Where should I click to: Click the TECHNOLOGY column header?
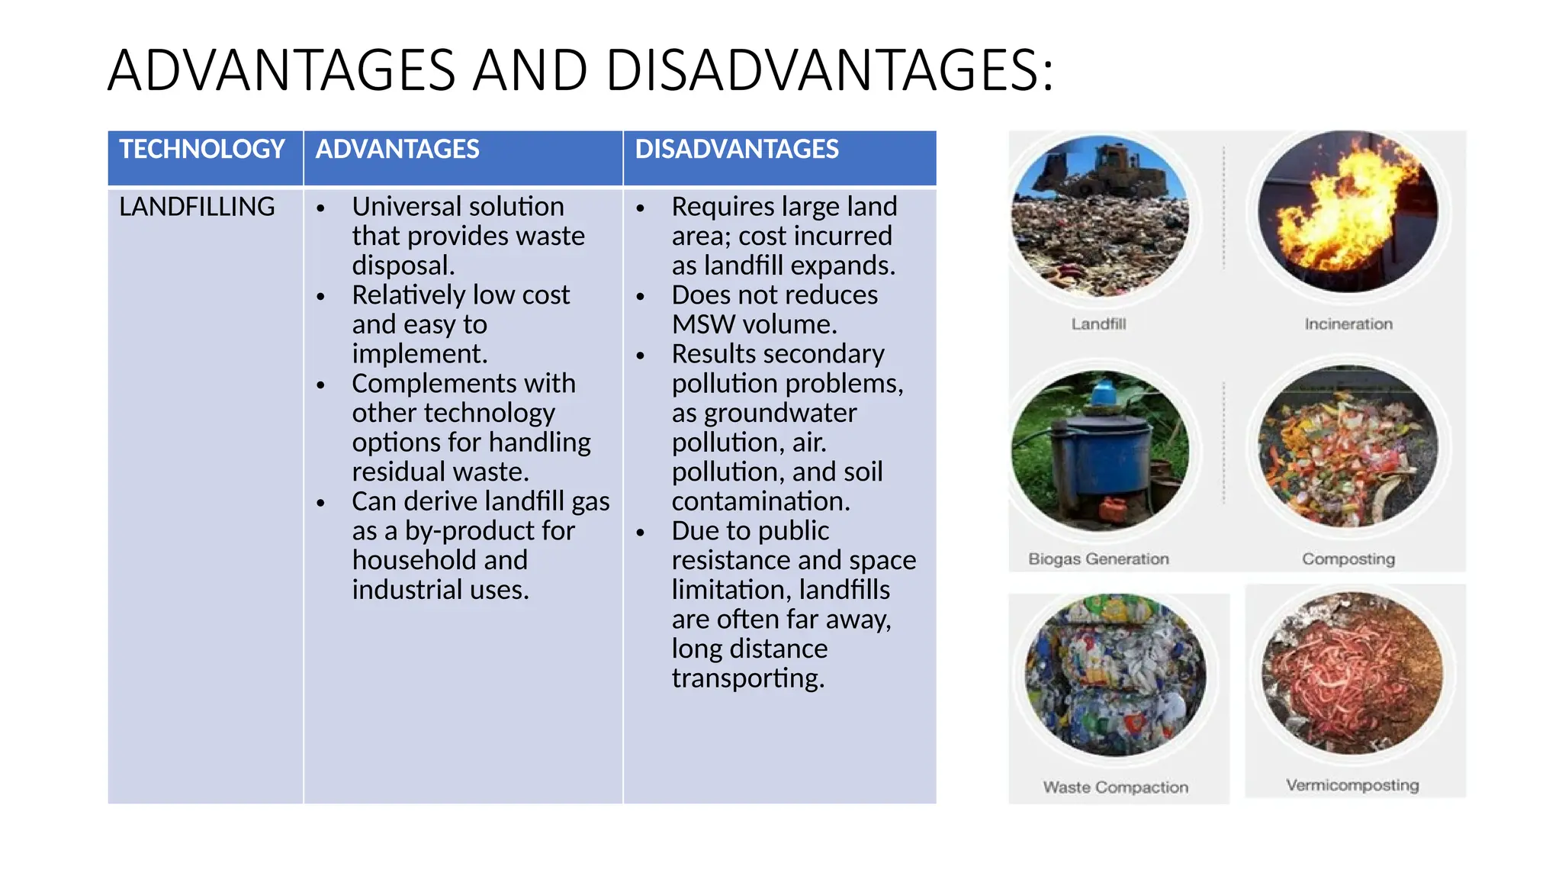pyautogui.click(x=202, y=149)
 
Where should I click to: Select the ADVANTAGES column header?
pyautogui.click(x=397, y=149)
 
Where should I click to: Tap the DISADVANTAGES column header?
pyautogui.click(x=737, y=149)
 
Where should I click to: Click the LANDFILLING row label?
pyautogui.click(x=197, y=207)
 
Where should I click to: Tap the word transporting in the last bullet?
pyautogui.click(x=747, y=678)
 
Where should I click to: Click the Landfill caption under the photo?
pyautogui.click(x=1098, y=324)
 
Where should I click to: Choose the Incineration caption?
pyautogui.click(x=1348, y=324)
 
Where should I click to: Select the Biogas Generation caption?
pyautogui.click(x=1098, y=559)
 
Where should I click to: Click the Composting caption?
pyautogui.click(x=1348, y=559)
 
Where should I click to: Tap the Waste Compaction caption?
pyautogui.click(x=1116, y=787)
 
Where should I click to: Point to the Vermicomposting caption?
pyautogui.click(x=1352, y=785)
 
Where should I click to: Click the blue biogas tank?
pyautogui.click(x=1098, y=454)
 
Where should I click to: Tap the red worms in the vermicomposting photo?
pyautogui.click(x=1350, y=671)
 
